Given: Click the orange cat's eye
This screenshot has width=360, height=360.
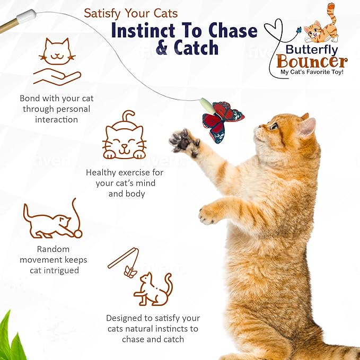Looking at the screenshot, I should (274, 126).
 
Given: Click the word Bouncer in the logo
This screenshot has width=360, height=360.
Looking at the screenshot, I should (312, 61).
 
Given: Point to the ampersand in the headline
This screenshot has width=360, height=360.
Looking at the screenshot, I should (163, 49).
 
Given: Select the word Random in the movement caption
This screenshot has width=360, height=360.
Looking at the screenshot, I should (53, 249).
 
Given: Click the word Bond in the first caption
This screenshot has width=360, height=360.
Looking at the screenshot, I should (30, 99).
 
